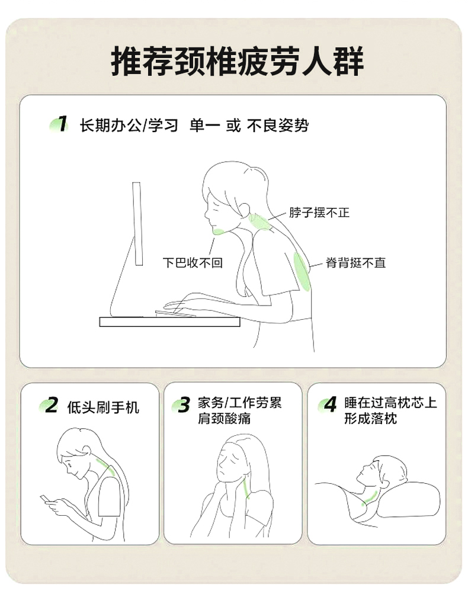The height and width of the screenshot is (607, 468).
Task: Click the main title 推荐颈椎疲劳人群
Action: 237,61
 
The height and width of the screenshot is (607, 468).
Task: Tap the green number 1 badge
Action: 60,124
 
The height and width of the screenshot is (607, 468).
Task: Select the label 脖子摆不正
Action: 319,213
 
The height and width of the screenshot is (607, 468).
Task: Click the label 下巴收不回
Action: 193,263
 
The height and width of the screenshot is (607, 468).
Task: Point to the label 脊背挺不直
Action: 355,263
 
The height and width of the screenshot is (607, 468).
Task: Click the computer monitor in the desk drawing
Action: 137,224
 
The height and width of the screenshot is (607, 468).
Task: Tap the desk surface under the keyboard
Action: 169,322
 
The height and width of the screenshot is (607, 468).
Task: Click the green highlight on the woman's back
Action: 302,271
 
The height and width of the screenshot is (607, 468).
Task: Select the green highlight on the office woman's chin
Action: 219,232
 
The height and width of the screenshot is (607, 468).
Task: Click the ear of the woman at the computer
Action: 245,209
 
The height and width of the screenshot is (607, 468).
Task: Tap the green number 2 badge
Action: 49,405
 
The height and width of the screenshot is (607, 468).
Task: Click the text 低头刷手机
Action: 103,407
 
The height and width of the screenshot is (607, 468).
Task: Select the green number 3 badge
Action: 182,405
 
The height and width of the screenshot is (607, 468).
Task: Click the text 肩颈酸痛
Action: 224,419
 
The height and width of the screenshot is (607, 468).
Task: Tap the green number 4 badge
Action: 328,405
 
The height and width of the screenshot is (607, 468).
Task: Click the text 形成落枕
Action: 370,419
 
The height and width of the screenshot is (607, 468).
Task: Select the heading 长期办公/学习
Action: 129,126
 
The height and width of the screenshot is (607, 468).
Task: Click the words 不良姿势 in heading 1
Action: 278,126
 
